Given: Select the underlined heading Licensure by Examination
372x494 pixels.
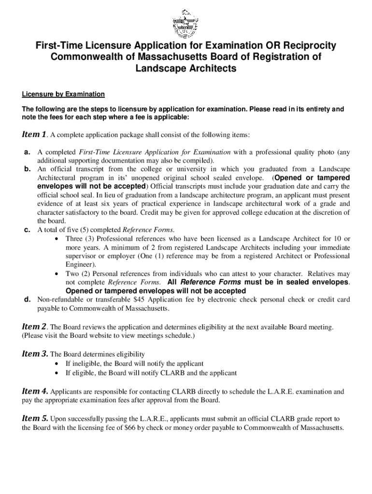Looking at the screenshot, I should [63, 94].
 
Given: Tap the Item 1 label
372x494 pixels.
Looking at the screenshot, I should [34, 134].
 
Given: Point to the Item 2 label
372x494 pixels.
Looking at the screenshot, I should [34, 327].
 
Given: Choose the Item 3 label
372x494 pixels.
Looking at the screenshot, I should [34, 354].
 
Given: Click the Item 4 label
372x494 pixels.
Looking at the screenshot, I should [34, 391].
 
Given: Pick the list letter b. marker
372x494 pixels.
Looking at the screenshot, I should [28, 169].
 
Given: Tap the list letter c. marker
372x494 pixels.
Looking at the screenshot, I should [28, 230].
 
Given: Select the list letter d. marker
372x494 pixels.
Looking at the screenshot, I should [28, 300].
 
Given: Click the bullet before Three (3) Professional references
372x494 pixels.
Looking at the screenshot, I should [58, 239].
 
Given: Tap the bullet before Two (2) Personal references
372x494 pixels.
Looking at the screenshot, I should [58, 274].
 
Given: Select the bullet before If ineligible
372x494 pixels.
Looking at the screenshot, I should [58, 363].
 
